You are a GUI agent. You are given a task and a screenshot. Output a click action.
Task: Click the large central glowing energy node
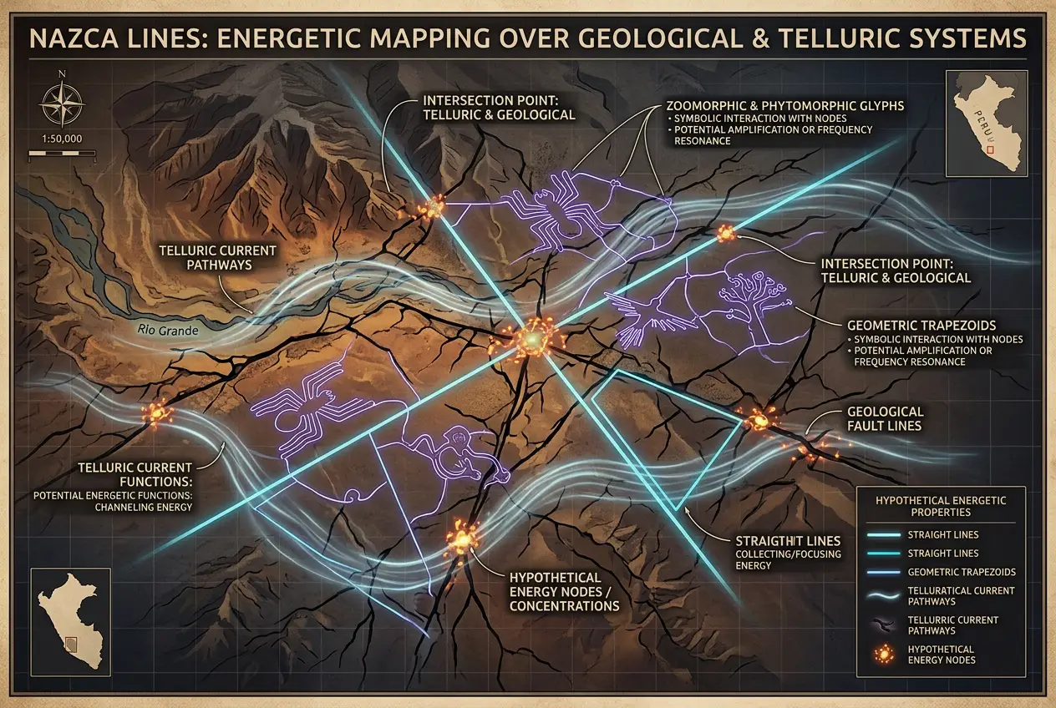[x=530, y=339]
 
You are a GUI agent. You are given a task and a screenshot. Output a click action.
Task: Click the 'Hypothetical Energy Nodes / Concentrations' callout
[x=564, y=591]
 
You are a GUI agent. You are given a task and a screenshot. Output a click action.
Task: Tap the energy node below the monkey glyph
[x=459, y=539]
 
